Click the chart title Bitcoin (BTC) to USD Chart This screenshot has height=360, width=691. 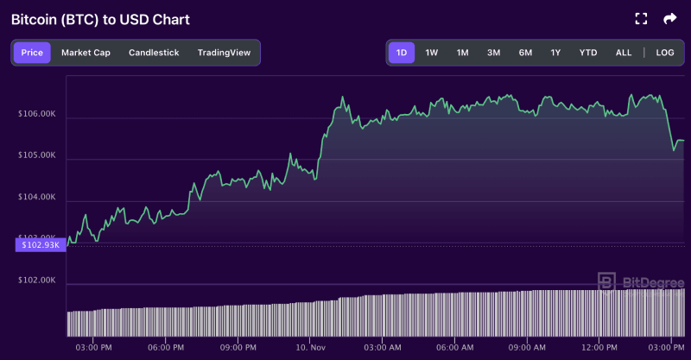100,19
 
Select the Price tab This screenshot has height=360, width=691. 32,53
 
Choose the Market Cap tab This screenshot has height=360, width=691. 86,53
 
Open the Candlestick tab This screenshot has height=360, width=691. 154,53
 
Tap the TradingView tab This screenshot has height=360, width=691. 224,53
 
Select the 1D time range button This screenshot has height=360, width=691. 402,53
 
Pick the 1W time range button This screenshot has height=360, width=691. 432,53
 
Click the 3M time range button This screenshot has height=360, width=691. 493,53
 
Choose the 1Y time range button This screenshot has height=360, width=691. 555,53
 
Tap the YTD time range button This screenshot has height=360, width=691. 588,53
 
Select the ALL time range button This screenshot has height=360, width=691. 624,53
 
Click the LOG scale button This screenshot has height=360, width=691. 665,53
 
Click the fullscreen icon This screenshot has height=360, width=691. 641,18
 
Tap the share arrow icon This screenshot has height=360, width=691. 669,18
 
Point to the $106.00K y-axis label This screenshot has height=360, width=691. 36,114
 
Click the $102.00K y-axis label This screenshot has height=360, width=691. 36,281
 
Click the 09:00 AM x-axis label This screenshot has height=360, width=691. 525,347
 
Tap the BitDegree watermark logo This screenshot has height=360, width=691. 636,281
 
